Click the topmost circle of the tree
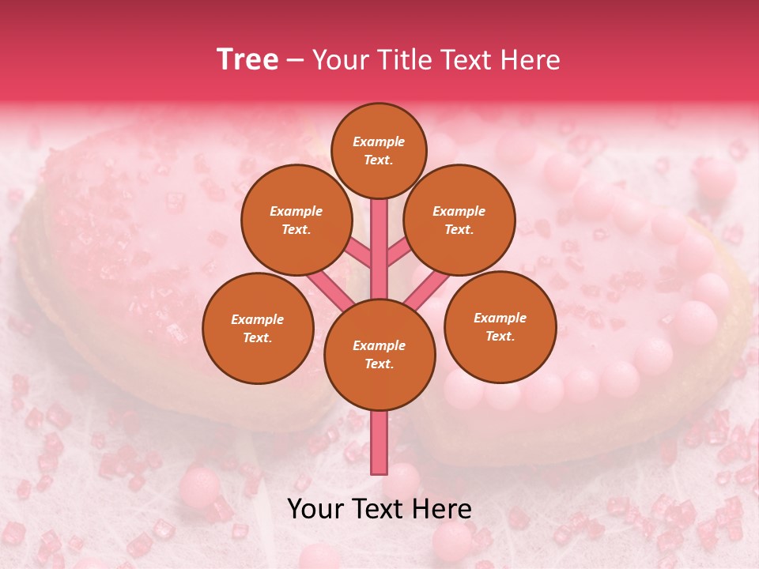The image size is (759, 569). [379, 150]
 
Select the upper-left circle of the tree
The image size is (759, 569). [296, 220]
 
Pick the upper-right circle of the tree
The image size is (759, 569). [459, 220]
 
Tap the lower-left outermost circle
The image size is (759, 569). [258, 328]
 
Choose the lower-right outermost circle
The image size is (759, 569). [500, 326]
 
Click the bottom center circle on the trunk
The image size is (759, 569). [379, 354]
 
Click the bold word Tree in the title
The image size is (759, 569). [247, 60]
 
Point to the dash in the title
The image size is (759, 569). [295, 60]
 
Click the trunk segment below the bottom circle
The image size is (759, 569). [379, 443]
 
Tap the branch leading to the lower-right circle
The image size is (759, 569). [427, 287]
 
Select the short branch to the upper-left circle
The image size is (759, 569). [359, 253]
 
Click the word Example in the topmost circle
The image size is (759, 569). [379, 141]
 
